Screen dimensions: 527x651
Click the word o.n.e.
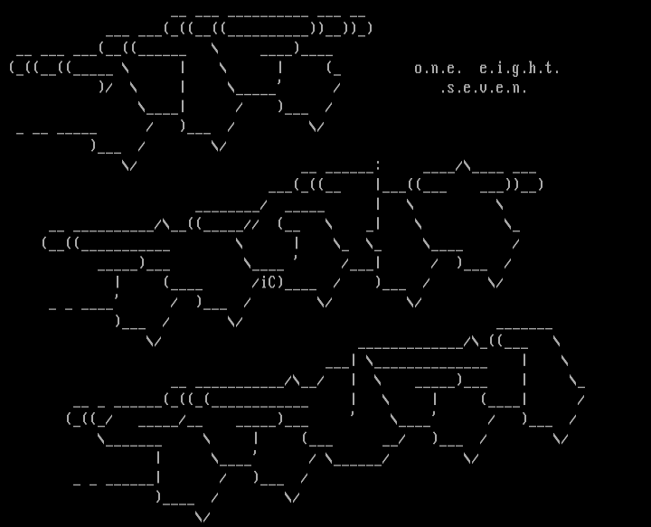[x=439, y=69]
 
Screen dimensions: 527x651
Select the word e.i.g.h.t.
[x=520, y=69]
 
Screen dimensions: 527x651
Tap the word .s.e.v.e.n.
[x=484, y=89]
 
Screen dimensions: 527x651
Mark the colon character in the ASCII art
[x=378, y=165]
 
